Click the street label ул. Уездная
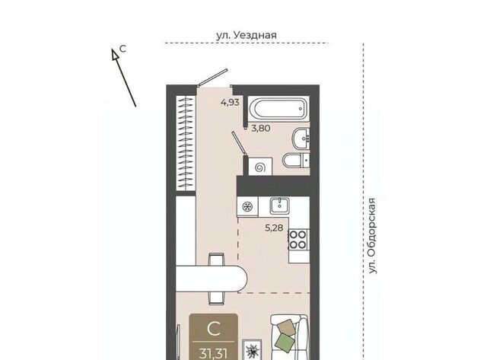pyautogui.click(x=247, y=35)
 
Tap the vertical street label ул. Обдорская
pyautogui.click(x=372, y=236)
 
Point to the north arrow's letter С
pyautogui.click(x=123, y=49)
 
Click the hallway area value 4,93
pyautogui.click(x=230, y=102)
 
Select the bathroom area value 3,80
pyautogui.click(x=260, y=128)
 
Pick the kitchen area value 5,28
pyautogui.click(x=274, y=228)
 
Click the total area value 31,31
pyautogui.click(x=213, y=353)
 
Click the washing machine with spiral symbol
pyautogui.click(x=260, y=167)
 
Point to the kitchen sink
pyautogui.click(x=279, y=205)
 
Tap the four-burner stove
pyautogui.click(x=298, y=240)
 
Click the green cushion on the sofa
pyautogui.click(x=285, y=342)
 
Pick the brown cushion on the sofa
pyautogui.click(x=286, y=327)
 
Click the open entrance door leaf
pyautogui.click(x=213, y=78)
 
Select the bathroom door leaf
pyautogui.click(x=239, y=143)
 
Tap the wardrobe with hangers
pyautogui.click(x=186, y=143)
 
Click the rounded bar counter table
pyautogui.click(x=212, y=279)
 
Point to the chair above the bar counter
pyautogui.click(x=217, y=259)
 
